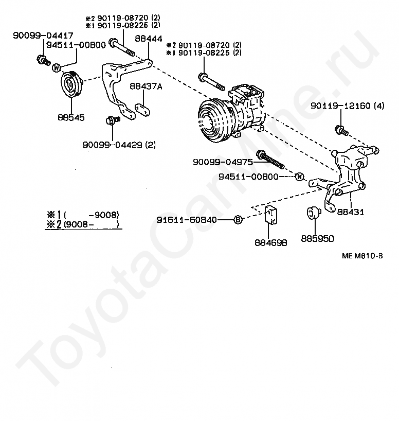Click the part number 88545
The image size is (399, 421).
tap(71, 117)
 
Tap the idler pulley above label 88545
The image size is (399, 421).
tap(70, 85)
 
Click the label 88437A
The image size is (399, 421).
tap(146, 86)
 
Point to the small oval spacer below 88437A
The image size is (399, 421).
tap(141, 109)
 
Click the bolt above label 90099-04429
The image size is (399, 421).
tap(110, 120)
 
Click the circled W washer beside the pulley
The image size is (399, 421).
tap(57, 67)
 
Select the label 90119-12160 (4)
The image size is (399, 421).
tap(348, 106)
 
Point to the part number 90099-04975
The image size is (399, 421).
tap(223, 162)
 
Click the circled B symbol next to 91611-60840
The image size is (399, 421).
tap(238, 220)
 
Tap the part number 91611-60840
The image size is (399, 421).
tap(195, 220)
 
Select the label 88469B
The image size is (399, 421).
tap(271, 241)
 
